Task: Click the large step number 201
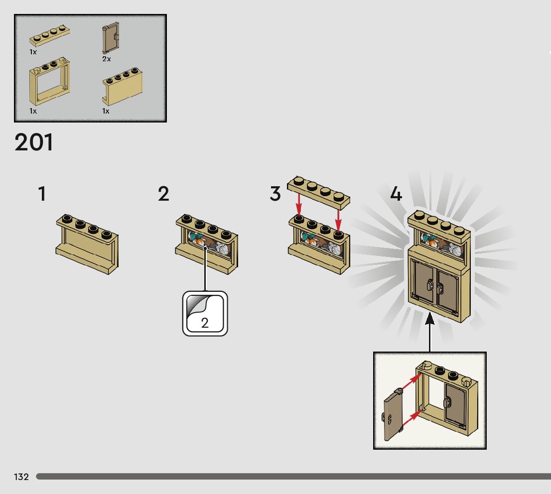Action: click(34, 142)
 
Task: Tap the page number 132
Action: click(21, 477)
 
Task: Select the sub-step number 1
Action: click(42, 194)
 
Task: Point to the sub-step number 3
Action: click(275, 194)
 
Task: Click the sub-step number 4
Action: click(396, 194)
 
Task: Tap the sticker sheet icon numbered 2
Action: click(205, 314)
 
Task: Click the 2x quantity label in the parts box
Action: click(107, 59)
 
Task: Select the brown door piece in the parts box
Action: click(110, 38)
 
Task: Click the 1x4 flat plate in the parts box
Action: click(49, 36)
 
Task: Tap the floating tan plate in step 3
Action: click(319, 190)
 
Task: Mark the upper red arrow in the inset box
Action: click(410, 383)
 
